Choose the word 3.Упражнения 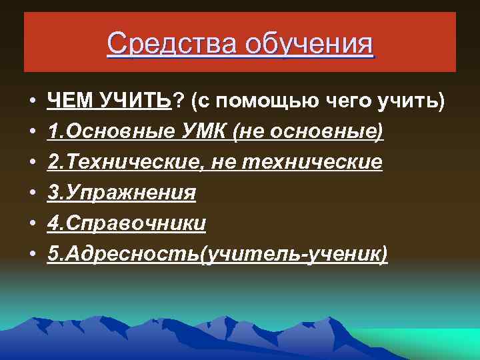[122, 193]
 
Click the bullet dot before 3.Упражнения [32, 193]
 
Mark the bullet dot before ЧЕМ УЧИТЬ [32, 101]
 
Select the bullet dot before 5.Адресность [32, 255]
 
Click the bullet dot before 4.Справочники [32, 224]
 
